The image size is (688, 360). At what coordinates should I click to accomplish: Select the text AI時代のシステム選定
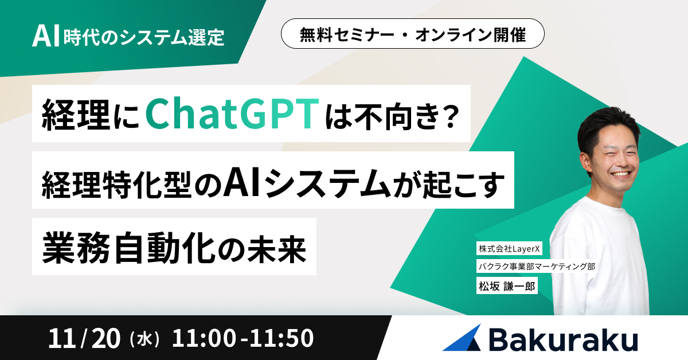[x=128, y=37]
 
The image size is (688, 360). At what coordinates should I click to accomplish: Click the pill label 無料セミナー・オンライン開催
[x=412, y=36]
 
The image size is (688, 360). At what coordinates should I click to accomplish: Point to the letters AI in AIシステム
[x=240, y=180]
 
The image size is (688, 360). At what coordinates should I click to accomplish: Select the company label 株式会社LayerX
[x=506, y=249]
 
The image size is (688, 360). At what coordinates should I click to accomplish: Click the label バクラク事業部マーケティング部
[x=537, y=267]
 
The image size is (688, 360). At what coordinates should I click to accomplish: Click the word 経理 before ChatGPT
[x=68, y=115]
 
